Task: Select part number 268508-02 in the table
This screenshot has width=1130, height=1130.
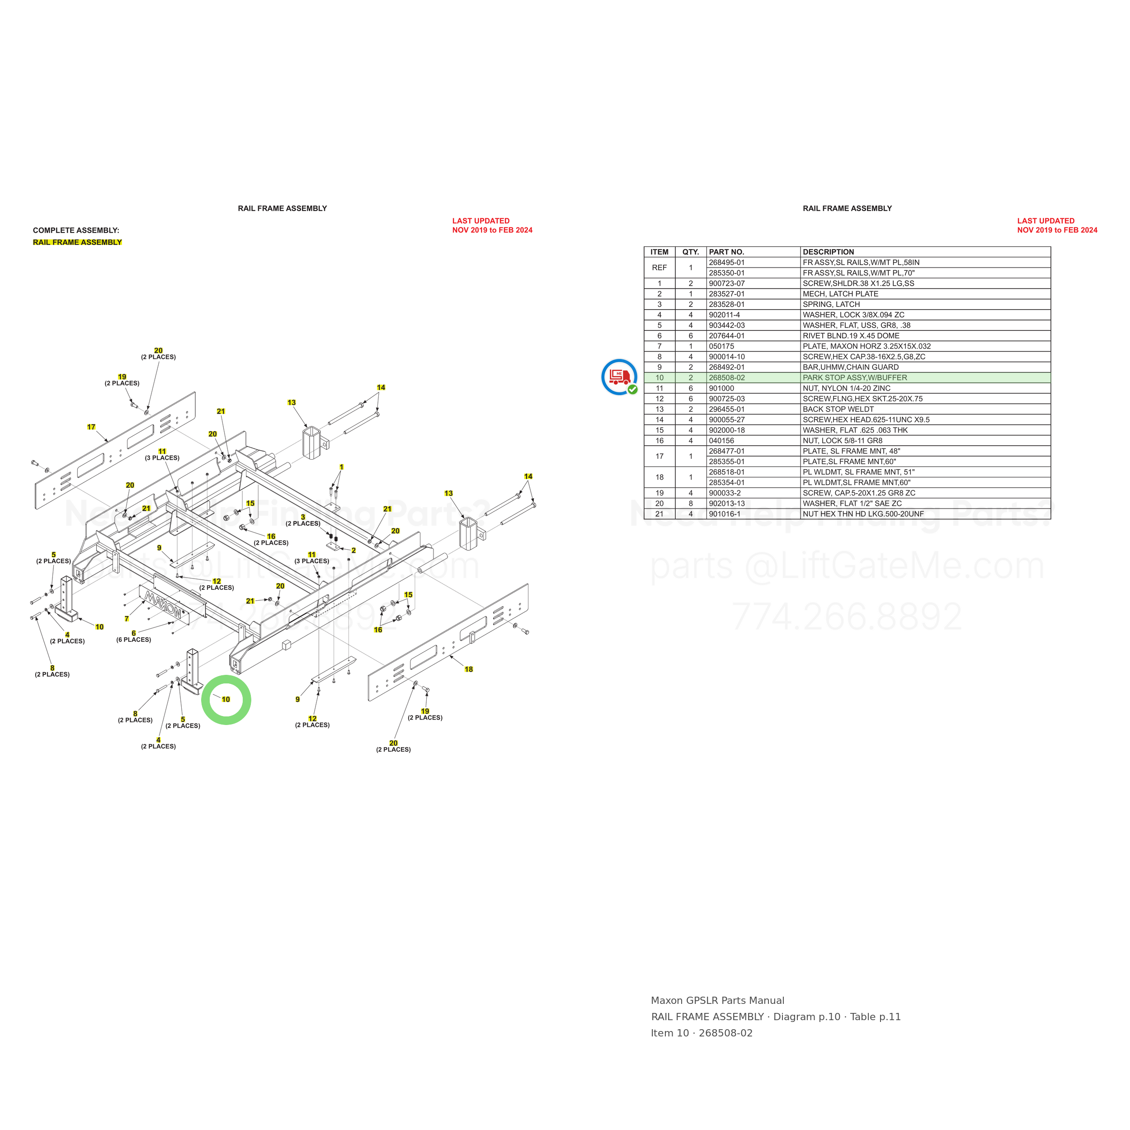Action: [726, 378]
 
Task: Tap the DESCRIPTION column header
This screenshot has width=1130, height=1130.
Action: [828, 252]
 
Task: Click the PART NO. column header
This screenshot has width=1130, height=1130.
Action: [726, 252]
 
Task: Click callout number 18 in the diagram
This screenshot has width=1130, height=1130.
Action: [468, 669]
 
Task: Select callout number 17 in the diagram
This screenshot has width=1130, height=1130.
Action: [91, 427]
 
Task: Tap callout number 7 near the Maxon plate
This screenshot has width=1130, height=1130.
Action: [127, 619]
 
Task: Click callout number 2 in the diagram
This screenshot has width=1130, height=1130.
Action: [353, 551]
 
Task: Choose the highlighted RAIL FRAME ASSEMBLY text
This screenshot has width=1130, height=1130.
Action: [77, 242]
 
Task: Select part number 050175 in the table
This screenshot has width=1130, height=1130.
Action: [721, 346]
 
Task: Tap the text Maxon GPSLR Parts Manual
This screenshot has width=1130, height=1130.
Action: [718, 1001]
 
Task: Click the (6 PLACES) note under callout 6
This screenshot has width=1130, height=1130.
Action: [133, 640]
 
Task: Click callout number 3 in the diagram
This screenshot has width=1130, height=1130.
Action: [303, 517]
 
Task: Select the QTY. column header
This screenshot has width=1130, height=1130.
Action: [691, 252]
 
